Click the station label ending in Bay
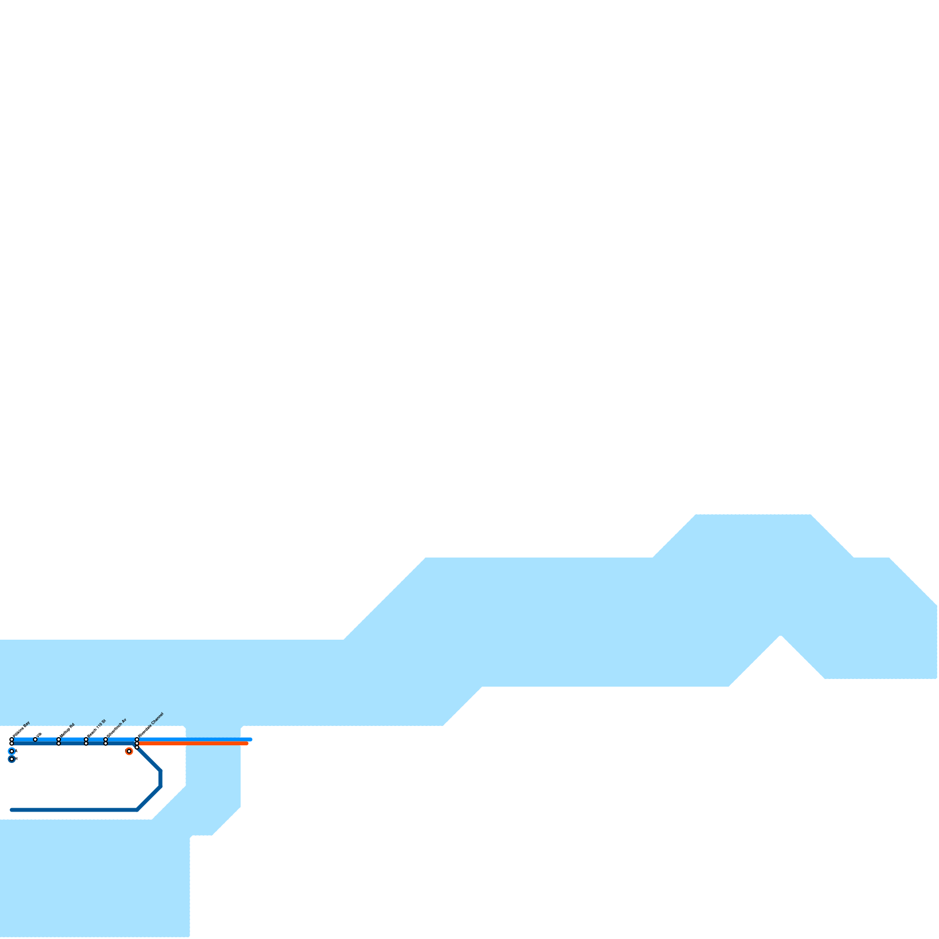click(20, 729)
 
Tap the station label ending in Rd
click(67, 729)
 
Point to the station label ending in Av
click(116, 727)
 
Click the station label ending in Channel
click(150, 724)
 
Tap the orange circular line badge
click(129, 751)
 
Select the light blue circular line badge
click(12, 751)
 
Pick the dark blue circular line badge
click(12, 759)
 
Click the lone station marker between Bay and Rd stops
click(35, 739)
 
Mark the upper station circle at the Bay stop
click(12, 739)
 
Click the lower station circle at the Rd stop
click(59, 744)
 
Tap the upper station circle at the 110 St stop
click(86, 739)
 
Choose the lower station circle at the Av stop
click(106, 744)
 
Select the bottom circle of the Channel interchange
click(137, 748)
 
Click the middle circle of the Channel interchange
click(137, 744)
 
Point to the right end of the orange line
click(247, 744)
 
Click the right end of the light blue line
click(251, 739)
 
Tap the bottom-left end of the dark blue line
click(12, 810)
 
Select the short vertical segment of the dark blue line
click(160, 778)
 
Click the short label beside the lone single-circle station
click(39, 735)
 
